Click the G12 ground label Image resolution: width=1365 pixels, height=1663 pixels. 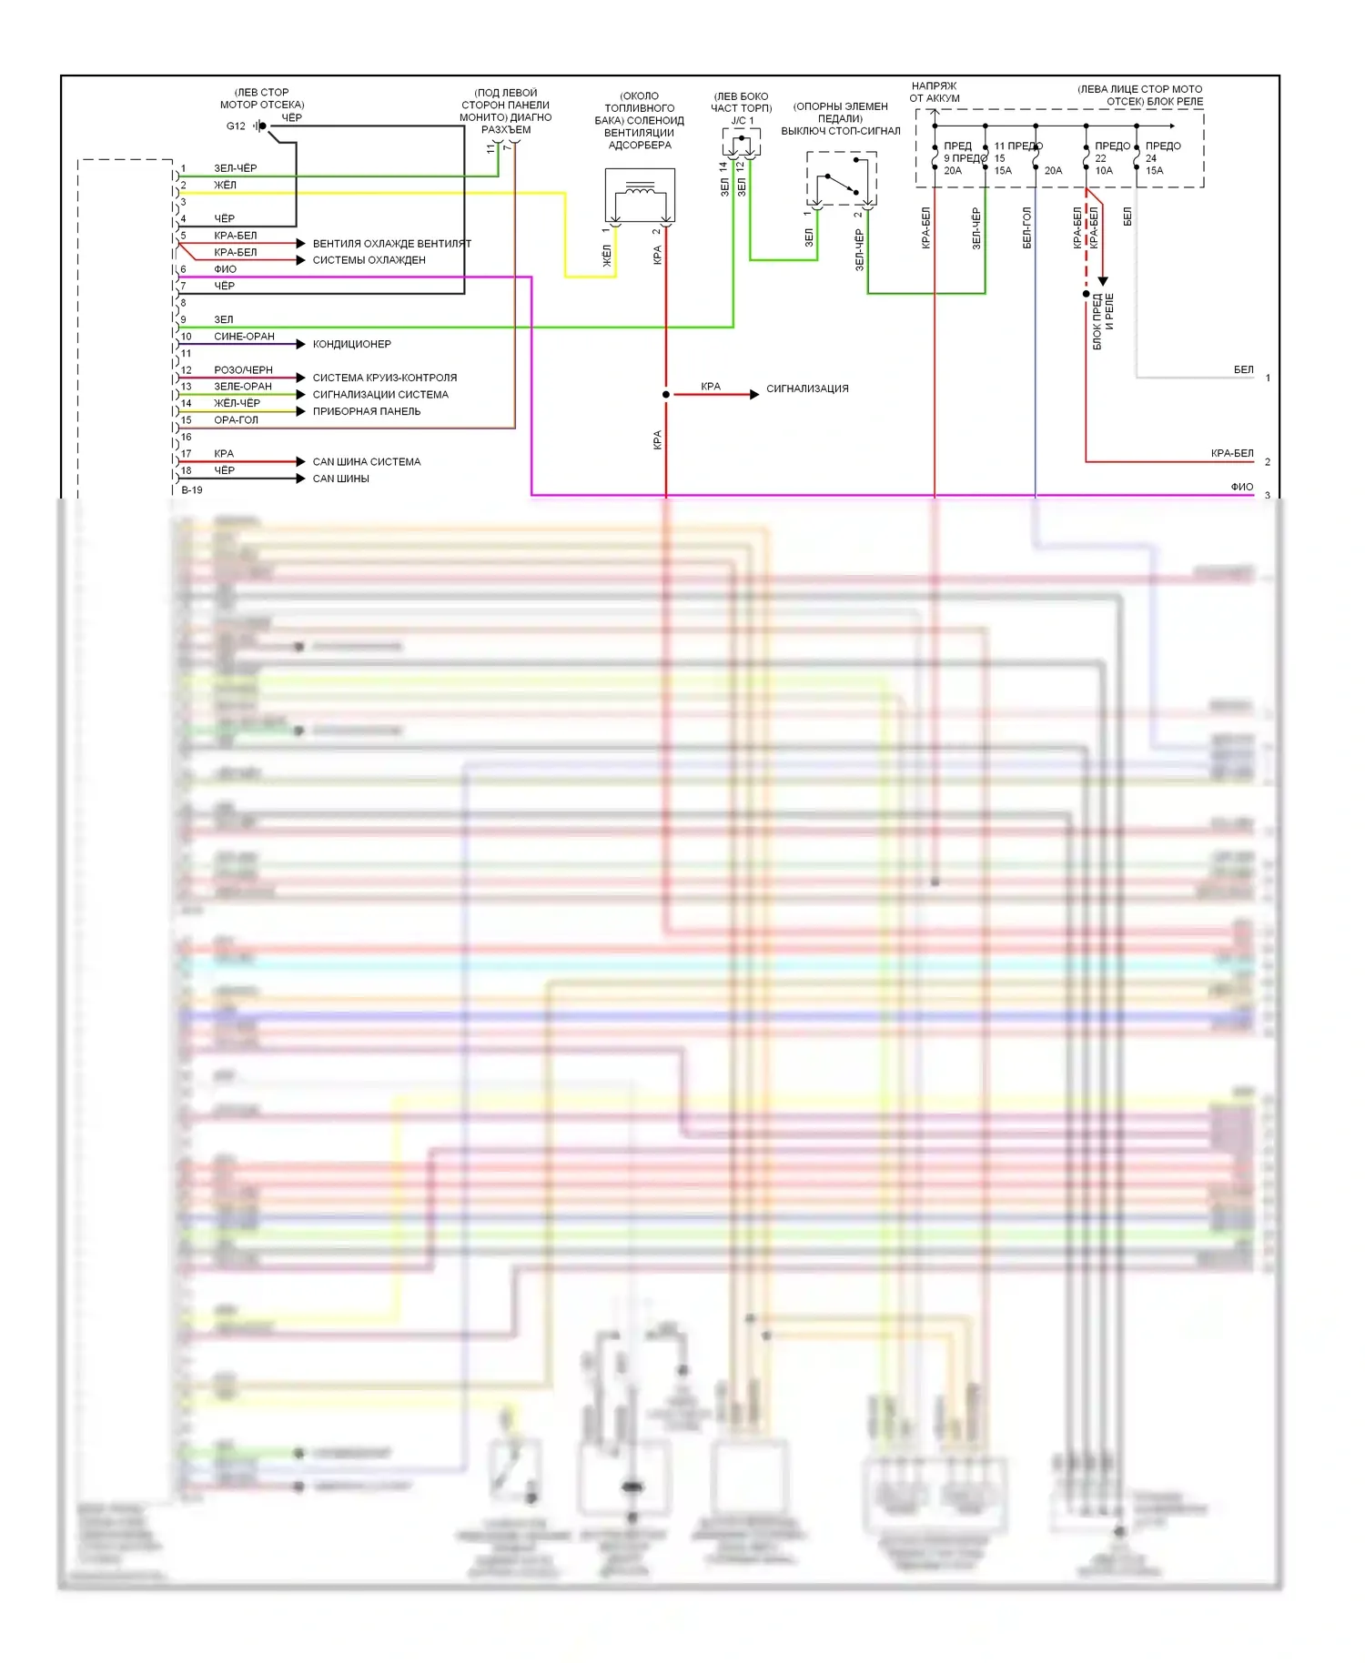[x=236, y=126]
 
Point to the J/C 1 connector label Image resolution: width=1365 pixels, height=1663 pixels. [x=742, y=121]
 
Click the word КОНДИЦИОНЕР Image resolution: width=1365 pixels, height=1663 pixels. [x=351, y=344]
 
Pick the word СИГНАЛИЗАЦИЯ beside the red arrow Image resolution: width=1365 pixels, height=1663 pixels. [x=807, y=388]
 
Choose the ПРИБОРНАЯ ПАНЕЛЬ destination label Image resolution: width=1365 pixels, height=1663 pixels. [x=366, y=411]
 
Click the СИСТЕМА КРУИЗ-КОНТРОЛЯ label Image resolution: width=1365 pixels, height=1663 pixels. [x=384, y=378]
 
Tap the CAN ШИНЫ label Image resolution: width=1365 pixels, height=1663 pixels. [x=340, y=479]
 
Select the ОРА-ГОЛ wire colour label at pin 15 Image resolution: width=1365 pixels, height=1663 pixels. [x=236, y=420]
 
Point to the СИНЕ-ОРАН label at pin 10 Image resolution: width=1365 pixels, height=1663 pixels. [x=244, y=337]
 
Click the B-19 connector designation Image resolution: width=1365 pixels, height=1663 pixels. [x=192, y=490]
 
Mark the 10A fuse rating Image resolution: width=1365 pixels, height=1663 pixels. [x=1104, y=171]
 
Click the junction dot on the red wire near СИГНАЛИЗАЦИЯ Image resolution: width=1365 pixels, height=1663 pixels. [x=666, y=394]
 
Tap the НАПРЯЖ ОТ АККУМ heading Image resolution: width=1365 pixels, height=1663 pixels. [x=934, y=92]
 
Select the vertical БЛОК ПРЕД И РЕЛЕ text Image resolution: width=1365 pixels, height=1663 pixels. [x=1103, y=320]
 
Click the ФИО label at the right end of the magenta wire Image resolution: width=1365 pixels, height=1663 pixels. [x=1241, y=487]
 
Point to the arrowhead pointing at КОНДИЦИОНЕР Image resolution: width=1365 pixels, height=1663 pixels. [x=301, y=344]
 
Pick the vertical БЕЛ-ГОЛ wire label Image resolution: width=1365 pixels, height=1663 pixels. [x=1026, y=227]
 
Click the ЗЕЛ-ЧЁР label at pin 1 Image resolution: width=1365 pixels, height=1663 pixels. [x=235, y=168]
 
